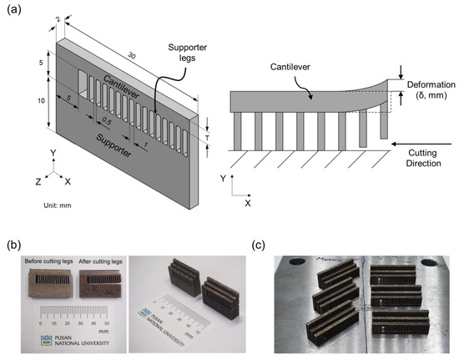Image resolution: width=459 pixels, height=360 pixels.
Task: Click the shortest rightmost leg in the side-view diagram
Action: pyautogui.click(x=383, y=123)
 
